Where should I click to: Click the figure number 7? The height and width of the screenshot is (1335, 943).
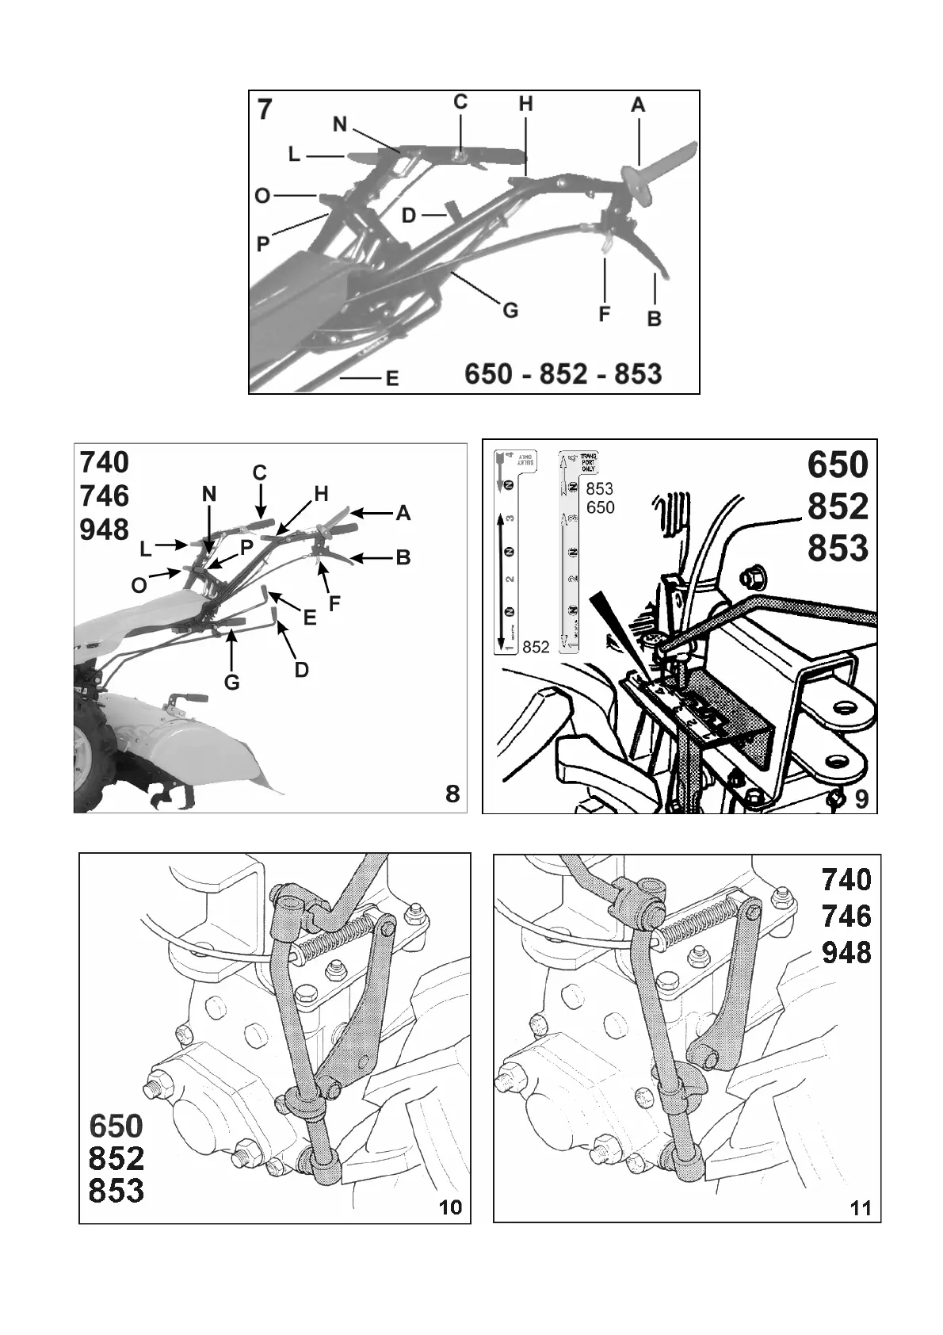(265, 109)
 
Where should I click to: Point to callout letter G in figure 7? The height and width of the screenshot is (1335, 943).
(510, 310)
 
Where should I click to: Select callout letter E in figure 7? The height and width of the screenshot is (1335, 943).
(391, 379)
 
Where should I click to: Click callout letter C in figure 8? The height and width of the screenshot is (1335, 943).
(259, 472)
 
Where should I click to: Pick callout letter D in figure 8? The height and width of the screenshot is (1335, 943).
(301, 670)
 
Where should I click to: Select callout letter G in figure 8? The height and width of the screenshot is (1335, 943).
(231, 682)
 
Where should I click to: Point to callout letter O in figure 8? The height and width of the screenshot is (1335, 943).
(139, 585)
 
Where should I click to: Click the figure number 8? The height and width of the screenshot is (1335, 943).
(452, 794)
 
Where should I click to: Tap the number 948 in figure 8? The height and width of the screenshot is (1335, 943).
(105, 530)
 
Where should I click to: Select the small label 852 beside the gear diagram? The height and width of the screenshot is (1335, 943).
(536, 647)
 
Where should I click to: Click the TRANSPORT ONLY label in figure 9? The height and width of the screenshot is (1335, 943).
(588, 462)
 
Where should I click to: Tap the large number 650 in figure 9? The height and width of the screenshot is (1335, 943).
(838, 465)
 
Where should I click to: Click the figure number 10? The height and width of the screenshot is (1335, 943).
(450, 1230)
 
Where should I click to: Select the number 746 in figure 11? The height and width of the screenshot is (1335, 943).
(846, 916)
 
